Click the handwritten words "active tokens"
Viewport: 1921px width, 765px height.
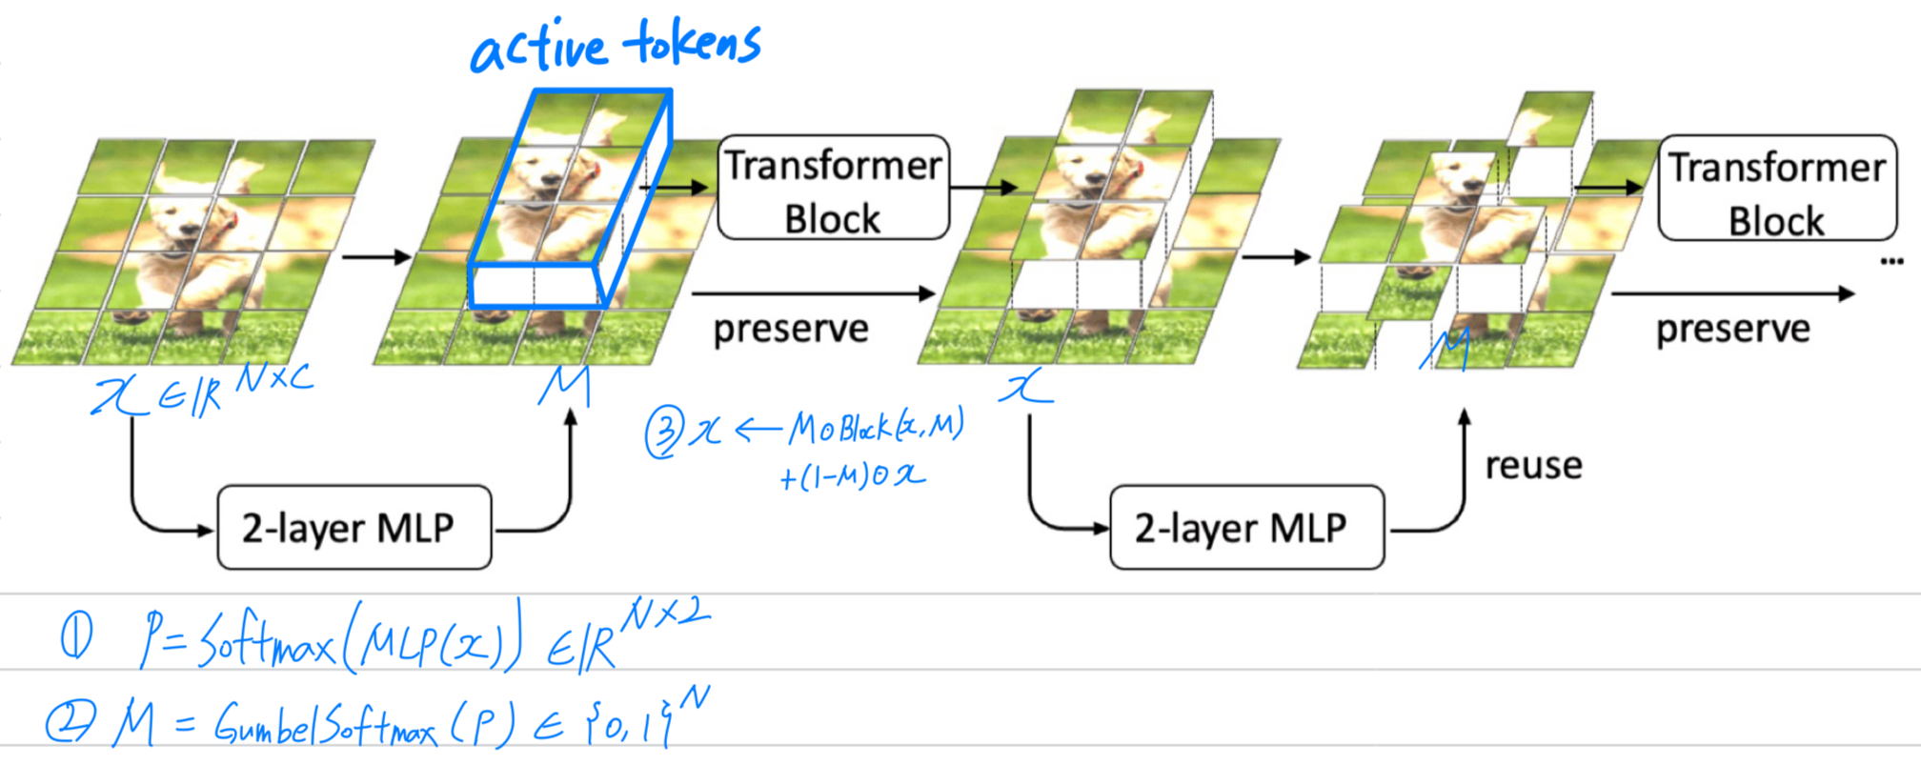[616, 46]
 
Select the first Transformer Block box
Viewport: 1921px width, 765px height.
[833, 188]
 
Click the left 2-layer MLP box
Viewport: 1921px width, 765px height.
[354, 528]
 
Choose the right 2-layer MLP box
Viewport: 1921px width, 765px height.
[1246, 528]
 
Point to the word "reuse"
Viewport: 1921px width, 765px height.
[1533, 466]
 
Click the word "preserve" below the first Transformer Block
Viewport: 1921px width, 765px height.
[791, 330]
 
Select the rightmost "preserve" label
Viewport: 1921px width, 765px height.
[1732, 330]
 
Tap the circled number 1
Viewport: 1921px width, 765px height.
[77, 637]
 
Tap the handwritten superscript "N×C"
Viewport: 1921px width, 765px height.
[274, 378]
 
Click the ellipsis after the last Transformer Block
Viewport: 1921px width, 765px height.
[1891, 261]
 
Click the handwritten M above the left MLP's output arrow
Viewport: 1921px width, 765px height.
[565, 386]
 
